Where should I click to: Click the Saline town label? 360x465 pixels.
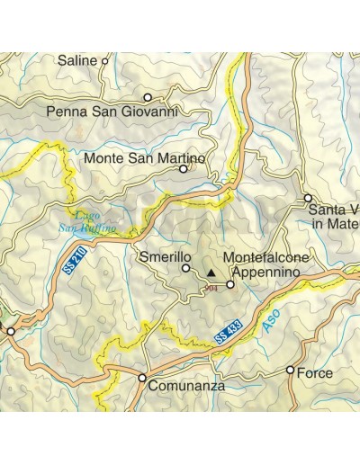(77, 61)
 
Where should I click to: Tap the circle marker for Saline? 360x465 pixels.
(105, 61)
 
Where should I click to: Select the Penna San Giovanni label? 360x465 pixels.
(112, 112)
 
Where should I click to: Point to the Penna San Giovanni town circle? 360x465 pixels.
(148, 97)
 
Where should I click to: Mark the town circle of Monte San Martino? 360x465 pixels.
(184, 168)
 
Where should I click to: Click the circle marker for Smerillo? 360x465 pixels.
(186, 268)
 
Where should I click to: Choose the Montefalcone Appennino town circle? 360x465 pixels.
(230, 284)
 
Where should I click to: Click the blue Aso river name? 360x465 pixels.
(274, 324)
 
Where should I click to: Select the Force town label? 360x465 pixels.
(314, 372)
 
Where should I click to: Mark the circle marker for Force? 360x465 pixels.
(290, 370)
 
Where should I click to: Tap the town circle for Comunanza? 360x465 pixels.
(142, 378)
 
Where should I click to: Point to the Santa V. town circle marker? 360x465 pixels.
(308, 197)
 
